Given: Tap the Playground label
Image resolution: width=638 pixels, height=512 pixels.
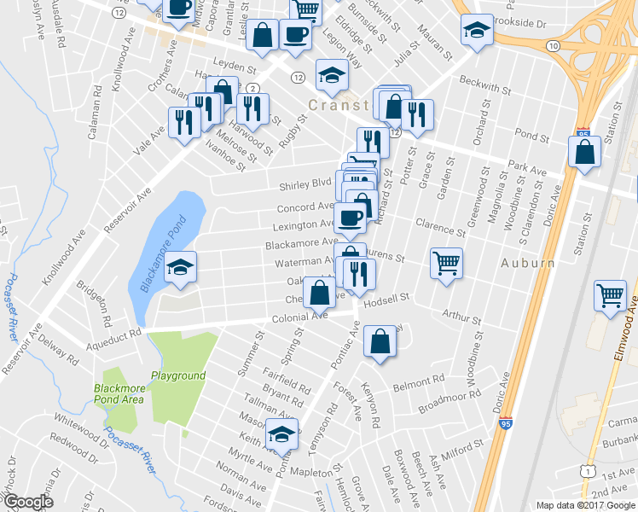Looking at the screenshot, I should click(178, 375).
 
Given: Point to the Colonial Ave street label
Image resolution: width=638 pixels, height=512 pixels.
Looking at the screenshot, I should click(299, 316).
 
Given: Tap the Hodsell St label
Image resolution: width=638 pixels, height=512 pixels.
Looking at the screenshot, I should click(386, 298).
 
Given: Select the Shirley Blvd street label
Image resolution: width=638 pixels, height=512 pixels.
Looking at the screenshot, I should click(304, 184).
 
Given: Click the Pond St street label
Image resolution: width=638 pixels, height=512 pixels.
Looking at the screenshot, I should click(531, 136).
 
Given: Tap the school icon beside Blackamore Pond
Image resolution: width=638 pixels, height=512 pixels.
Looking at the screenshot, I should click(180, 268).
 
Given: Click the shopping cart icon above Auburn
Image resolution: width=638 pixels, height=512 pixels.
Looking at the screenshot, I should click(446, 263).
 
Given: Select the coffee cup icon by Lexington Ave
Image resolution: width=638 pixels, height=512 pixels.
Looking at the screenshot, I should click(350, 218).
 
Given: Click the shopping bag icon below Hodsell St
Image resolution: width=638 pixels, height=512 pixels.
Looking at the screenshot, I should click(380, 343).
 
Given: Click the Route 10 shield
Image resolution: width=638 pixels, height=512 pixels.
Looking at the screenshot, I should click(554, 44).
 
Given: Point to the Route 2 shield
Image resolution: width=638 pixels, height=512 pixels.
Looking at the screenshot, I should click(252, 88).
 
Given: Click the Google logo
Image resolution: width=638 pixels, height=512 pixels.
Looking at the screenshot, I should click(28, 502).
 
